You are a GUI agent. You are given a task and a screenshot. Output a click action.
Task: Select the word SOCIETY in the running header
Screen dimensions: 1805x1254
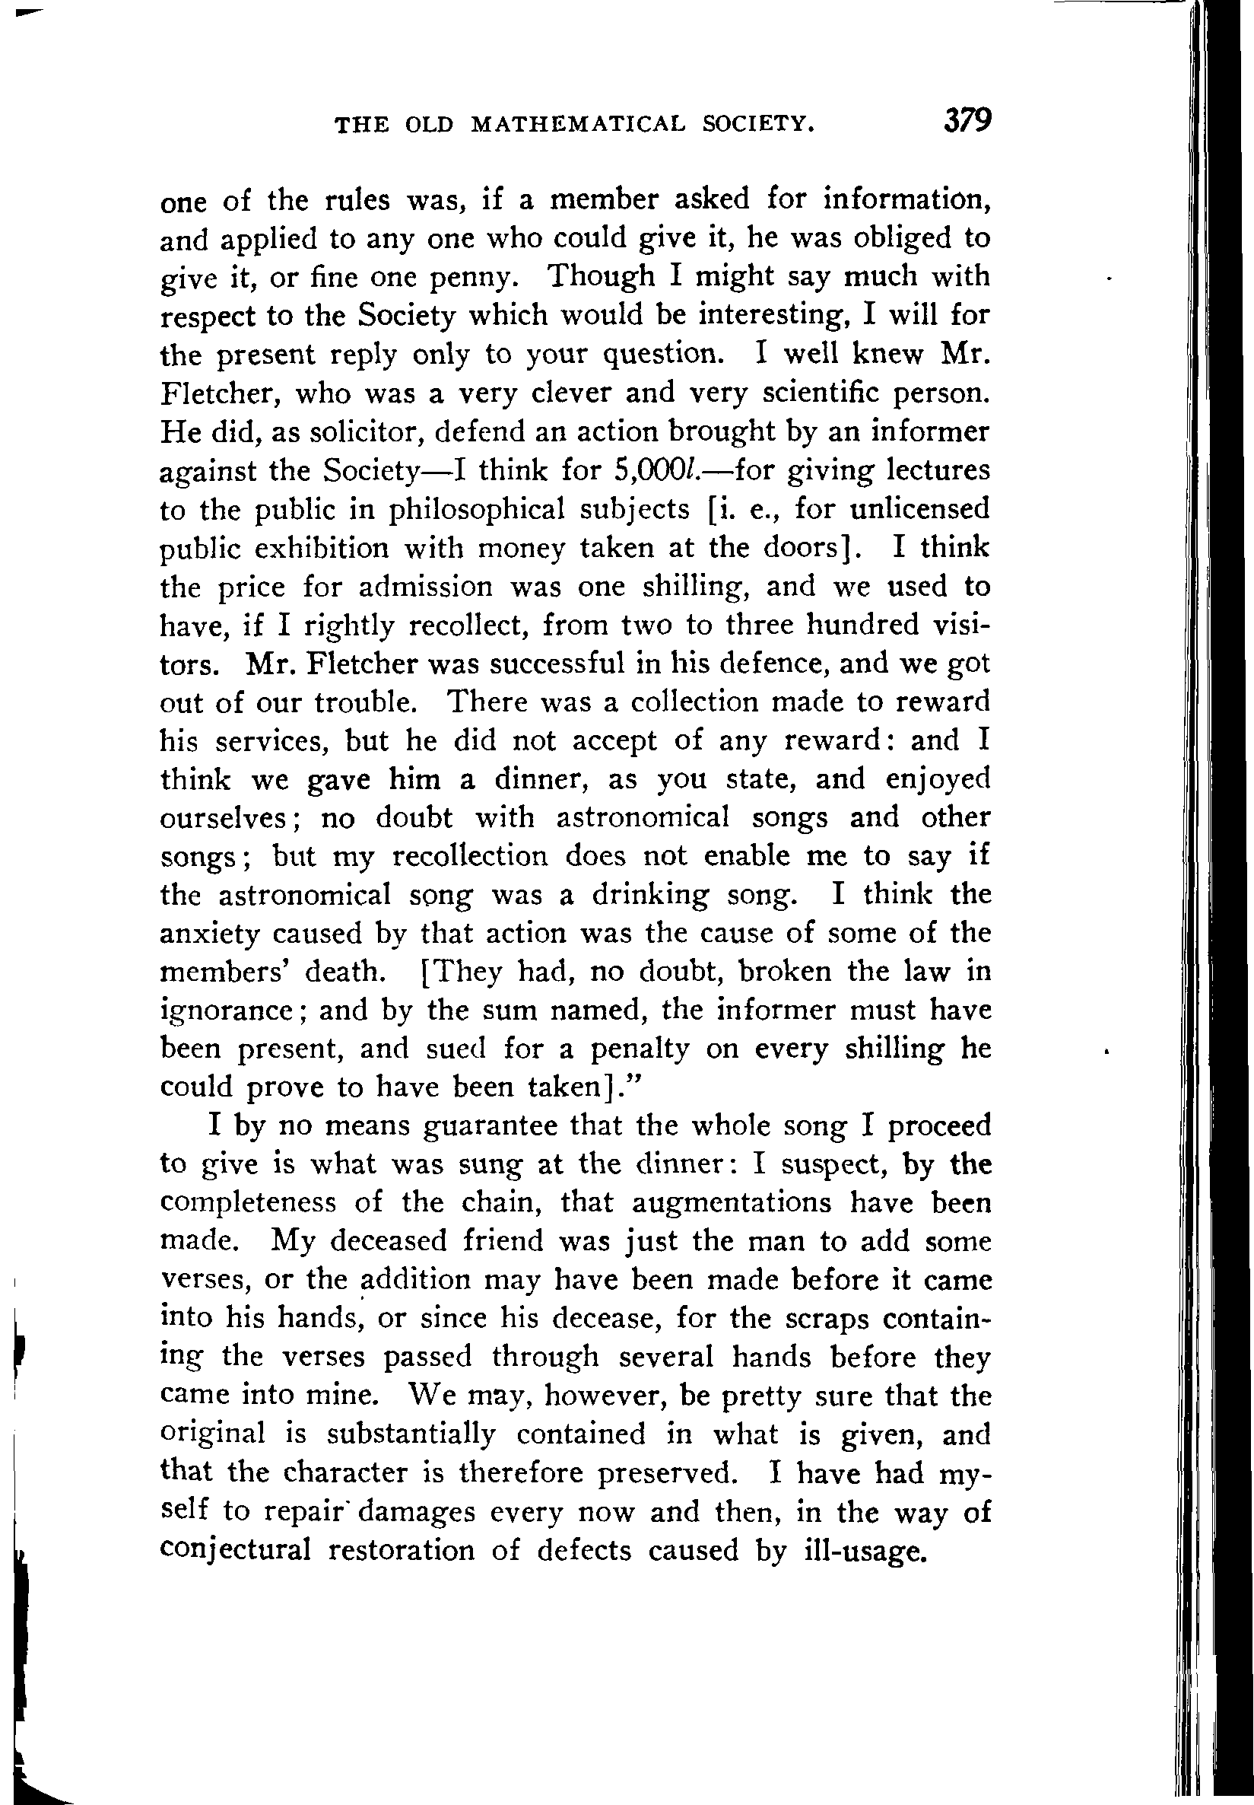point(758,124)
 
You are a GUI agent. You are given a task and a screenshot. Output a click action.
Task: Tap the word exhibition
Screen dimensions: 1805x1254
point(314,548)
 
